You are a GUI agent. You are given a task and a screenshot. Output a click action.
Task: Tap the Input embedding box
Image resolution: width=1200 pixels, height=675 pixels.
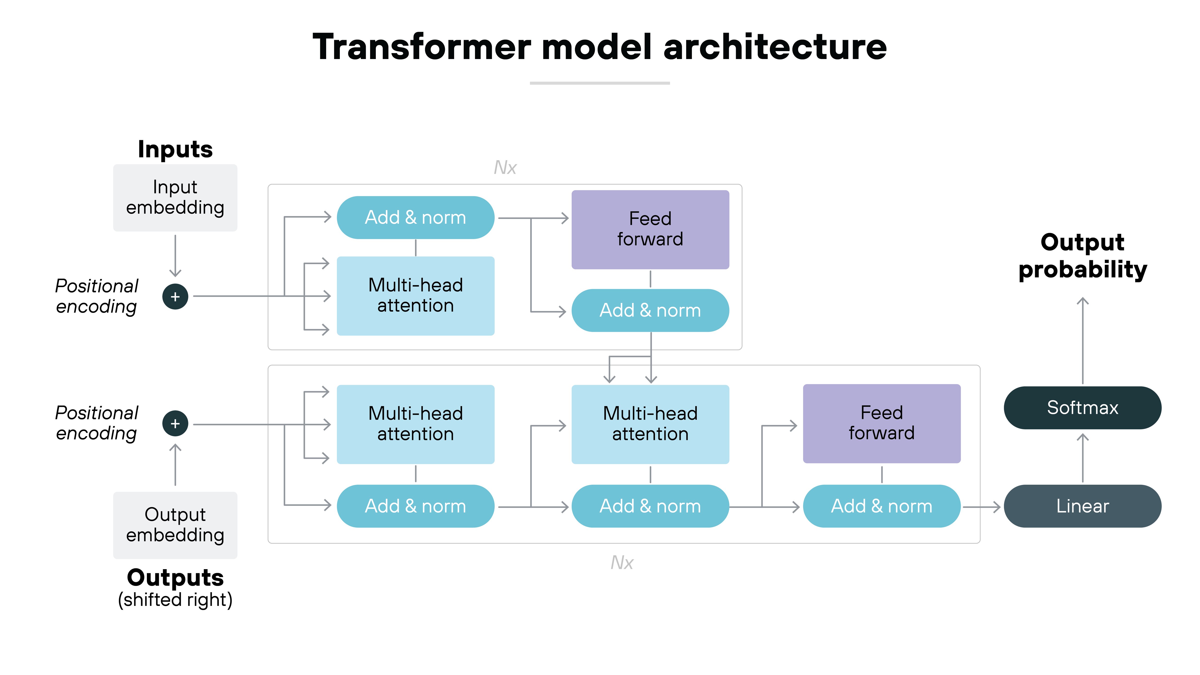[175, 198]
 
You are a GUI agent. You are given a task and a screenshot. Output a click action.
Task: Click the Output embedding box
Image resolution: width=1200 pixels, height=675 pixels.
[175, 525]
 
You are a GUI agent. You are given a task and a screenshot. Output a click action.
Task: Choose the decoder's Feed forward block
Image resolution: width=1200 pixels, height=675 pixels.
[881, 423]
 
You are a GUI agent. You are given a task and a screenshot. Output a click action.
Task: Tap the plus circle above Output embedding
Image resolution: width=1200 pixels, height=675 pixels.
[175, 423]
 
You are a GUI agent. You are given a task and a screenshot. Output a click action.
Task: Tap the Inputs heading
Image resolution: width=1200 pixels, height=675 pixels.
[175, 150]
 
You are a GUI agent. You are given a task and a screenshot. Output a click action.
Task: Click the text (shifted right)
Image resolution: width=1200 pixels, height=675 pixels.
[175, 600]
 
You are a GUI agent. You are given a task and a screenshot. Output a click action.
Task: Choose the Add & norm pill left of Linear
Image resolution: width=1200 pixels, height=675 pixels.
[881, 506]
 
